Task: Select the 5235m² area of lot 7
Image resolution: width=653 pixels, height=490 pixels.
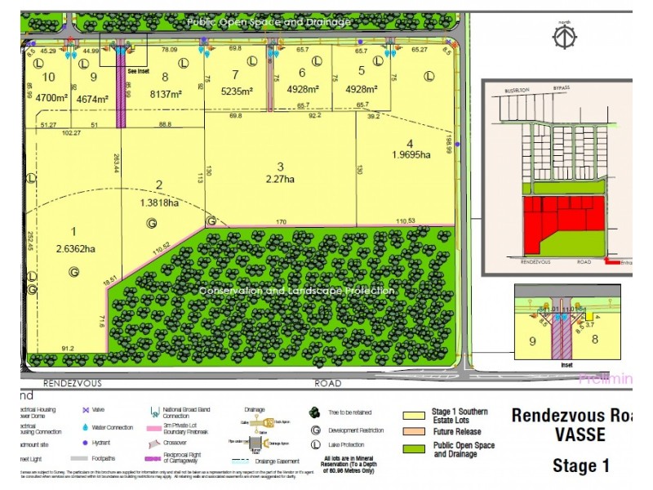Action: point(238,92)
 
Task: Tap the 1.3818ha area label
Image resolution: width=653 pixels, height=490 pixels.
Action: point(161,203)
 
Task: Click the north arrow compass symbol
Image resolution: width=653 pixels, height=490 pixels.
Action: point(563,36)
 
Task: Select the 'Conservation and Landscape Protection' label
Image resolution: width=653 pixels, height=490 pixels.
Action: point(298,291)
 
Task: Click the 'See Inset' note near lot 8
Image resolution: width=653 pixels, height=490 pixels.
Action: point(139,71)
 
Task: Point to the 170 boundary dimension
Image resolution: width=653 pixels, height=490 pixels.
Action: point(281,220)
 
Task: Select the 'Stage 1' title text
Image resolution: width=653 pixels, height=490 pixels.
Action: point(580,466)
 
